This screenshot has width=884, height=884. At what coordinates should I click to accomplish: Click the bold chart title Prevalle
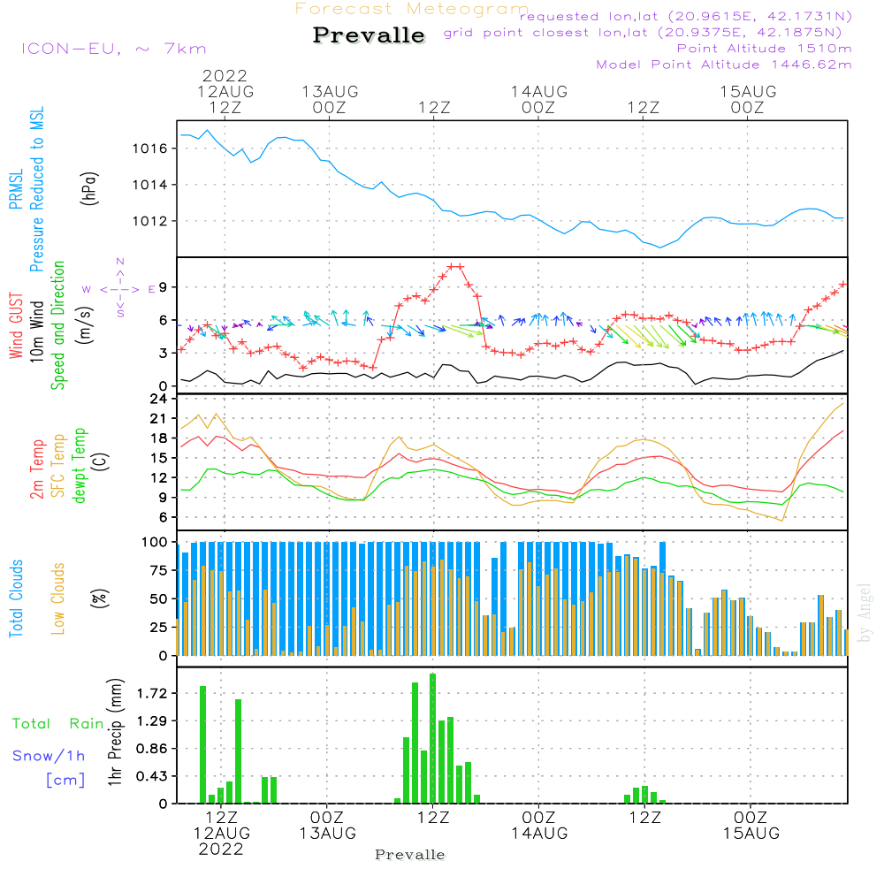tap(369, 36)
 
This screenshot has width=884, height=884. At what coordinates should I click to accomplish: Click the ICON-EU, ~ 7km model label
tap(113, 49)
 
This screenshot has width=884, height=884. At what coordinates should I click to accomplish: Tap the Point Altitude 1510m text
tap(764, 49)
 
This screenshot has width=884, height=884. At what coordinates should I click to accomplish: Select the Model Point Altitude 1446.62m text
tap(724, 65)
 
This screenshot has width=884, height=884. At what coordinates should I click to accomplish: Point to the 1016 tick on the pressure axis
tap(150, 149)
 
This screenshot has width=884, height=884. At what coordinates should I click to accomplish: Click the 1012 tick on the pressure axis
tap(150, 221)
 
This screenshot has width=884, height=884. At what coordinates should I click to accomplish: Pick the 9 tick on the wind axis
tap(164, 287)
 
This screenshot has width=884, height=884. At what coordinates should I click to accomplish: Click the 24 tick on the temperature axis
tap(160, 400)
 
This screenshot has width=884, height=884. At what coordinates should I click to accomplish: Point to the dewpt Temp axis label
tap(80, 466)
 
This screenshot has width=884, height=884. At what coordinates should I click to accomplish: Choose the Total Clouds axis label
tap(17, 598)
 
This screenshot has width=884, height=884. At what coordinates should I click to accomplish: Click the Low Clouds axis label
tap(58, 598)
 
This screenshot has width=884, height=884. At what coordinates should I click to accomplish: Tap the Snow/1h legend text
tap(50, 756)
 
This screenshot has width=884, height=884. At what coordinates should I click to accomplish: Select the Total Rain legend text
tap(58, 724)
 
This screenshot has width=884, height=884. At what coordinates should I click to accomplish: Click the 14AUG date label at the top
tap(538, 92)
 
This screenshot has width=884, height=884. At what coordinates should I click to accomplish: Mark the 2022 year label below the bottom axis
tap(221, 850)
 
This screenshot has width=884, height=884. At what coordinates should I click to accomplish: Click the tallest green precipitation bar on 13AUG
tap(432, 738)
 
